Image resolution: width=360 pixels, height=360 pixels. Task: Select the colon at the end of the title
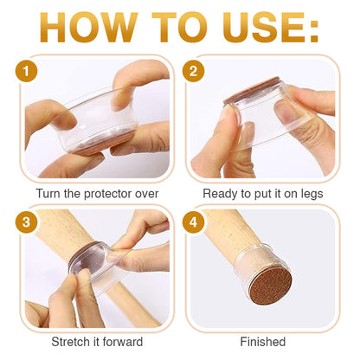tap(313, 31)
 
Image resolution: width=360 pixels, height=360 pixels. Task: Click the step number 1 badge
tap(26, 71)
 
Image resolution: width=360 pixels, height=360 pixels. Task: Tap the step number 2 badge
tap(193, 71)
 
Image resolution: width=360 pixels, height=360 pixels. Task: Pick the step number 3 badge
tap(26, 222)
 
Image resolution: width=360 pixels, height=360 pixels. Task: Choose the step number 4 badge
tap(193, 222)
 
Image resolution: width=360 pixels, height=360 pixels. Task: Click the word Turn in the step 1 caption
tap(48, 194)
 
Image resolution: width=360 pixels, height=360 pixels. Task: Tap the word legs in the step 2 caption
tap(312, 195)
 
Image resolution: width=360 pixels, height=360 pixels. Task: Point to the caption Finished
tap(263, 342)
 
